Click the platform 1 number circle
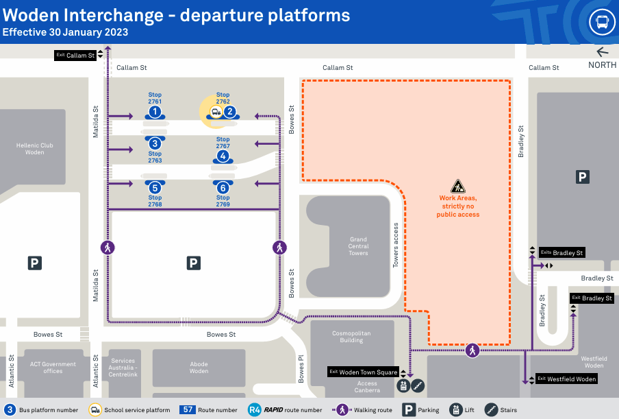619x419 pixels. [155, 111]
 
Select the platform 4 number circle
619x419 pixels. [223, 156]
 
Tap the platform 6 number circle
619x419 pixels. [223, 187]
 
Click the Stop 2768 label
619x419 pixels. [155, 201]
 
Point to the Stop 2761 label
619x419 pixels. [155, 98]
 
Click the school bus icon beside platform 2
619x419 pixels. [215, 112]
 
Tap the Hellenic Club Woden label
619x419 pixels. [35, 149]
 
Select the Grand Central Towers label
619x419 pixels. [358, 246]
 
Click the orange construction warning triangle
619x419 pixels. [458, 186]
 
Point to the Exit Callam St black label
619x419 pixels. [75, 55]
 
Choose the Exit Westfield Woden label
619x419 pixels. [566, 379]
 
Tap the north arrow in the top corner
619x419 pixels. [603, 52]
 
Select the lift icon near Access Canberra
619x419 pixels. [403, 386]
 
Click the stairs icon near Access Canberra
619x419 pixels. [417, 386]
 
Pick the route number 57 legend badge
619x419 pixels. [188, 410]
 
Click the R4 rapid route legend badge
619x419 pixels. [255, 410]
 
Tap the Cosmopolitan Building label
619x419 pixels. [352, 337]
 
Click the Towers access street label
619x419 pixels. [396, 244]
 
